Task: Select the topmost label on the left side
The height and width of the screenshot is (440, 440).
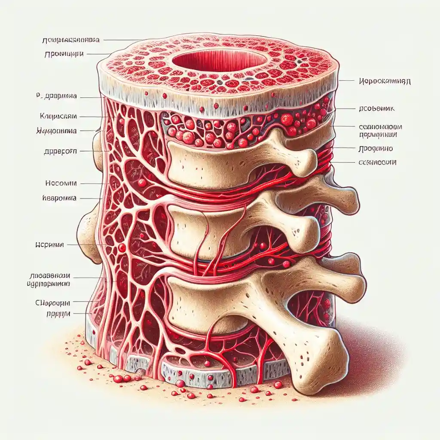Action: (x=70, y=40)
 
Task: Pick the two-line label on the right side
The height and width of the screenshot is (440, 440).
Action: (x=377, y=131)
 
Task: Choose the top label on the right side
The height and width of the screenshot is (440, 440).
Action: (x=383, y=81)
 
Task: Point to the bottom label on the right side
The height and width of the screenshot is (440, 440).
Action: (x=377, y=162)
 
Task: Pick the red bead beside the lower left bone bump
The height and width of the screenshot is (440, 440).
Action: (x=122, y=247)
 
